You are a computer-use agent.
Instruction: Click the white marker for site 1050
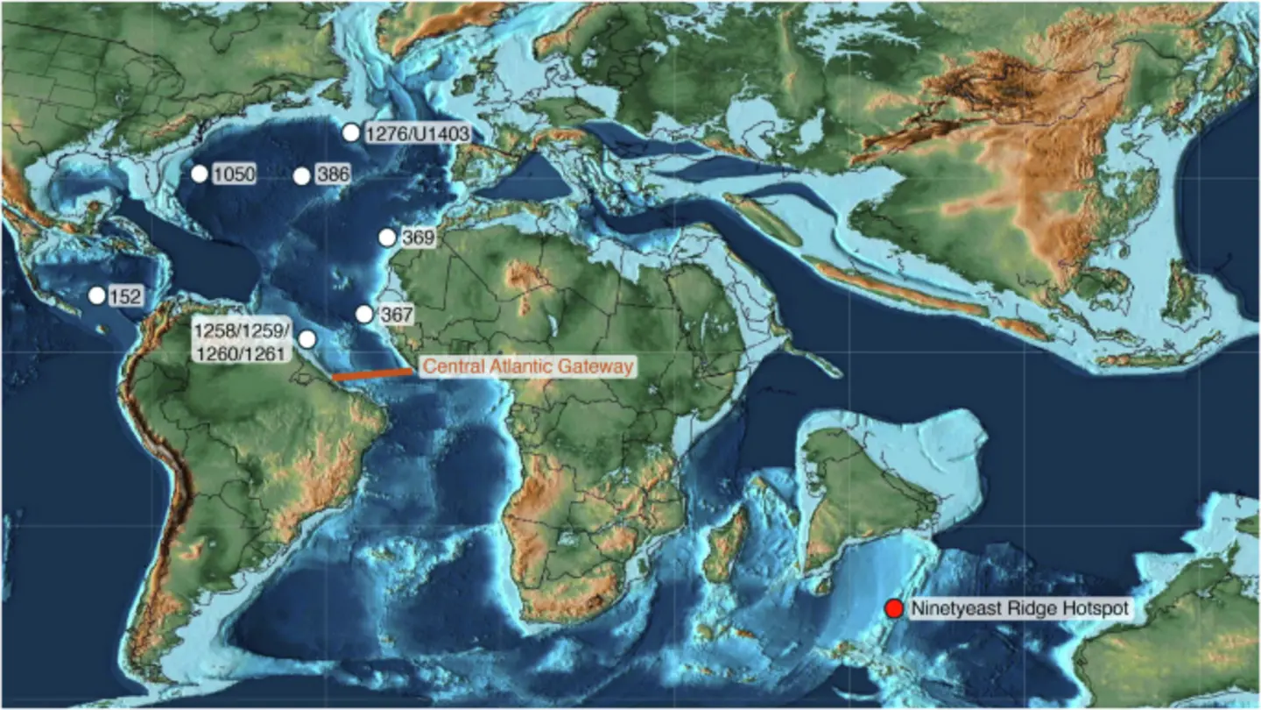pyautogui.click(x=200, y=174)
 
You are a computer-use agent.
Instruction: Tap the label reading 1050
pyautogui.click(x=234, y=174)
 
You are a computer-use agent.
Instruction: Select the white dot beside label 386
pyautogui.click(x=301, y=175)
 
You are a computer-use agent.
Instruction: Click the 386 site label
pyautogui.click(x=332, y=174)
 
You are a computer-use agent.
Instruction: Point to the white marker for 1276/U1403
pyautogui.click(x=350, y=132)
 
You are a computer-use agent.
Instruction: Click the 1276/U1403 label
pyautogui.click(x=417, y=134)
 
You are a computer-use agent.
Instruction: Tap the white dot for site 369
pyautogui.click(x=386, y=237)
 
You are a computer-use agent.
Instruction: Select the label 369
pyautogui.click(x=417, y=238)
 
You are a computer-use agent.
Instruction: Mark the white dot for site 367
pyautogui.click(x=363, y=313)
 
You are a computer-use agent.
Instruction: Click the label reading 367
pyautogui.click(x=395, y=314)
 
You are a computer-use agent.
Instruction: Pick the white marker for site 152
pyautogui.click(x=97, y=295)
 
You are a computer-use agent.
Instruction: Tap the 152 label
pyautogui.click(x=125, y=297)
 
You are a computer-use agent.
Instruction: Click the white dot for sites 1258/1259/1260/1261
pyautogui.click(x=306, y=339)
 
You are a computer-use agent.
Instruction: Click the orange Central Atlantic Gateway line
pyautogui.click(x=372, y=374)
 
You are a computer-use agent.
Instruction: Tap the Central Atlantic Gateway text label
pyautogui.click(x=526, y=367)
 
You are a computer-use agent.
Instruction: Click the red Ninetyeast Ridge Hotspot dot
pyautogui.click(x=893, y=608)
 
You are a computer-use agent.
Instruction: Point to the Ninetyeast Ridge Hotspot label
pyautogui.click(x=1017, y=608)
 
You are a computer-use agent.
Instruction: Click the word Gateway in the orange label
pyautogui.click(x=600, y=367)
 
